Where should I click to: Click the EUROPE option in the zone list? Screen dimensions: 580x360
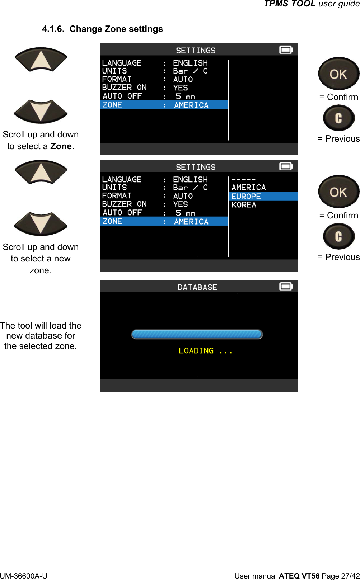tap(246, 196)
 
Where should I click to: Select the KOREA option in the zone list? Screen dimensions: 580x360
tap(244, 205)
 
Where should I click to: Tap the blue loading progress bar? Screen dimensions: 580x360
tap(197, 334)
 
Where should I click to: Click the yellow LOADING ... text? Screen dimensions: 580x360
tap(205, 351)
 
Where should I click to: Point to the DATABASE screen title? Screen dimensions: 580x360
tap(197, 287)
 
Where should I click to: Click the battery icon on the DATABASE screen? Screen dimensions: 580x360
tap(286, 287)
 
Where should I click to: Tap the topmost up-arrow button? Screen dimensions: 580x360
tap(41, 60)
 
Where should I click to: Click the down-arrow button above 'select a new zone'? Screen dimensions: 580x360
tap(41, 223)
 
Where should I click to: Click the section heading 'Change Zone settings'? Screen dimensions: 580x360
tap(116, 29)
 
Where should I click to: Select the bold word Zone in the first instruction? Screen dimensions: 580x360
tap(61, 146)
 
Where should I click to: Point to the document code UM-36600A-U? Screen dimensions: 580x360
tap(24, 576)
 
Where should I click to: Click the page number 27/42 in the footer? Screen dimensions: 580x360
tap(350, 576)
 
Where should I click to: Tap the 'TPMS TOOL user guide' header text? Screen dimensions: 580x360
tap(312, 4)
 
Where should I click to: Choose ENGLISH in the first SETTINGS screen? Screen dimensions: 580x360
tap(190, 63)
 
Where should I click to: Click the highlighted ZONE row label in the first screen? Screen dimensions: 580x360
tap(112, 105)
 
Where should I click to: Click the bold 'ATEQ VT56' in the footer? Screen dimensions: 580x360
tap(299, 576)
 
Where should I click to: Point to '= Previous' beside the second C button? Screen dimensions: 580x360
tap(338, 257)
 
